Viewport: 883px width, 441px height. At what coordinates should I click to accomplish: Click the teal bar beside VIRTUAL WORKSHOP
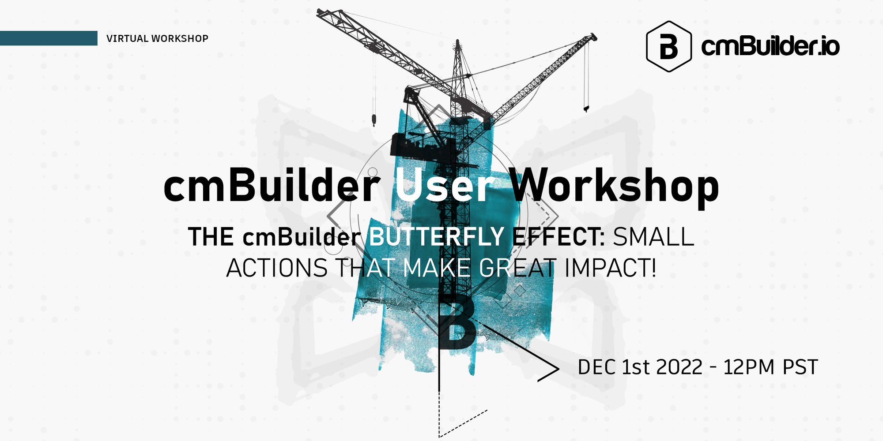coord(49,38)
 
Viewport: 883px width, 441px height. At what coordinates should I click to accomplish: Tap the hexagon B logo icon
coord(668,46)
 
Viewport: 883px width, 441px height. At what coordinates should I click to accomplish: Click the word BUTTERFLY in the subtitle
coord(436,237)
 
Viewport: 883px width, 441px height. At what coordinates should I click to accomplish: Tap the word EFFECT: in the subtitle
coord(558,237)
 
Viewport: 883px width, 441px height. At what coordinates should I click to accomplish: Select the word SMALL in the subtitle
coord(653,237)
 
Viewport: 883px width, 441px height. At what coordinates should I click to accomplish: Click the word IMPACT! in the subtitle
coord(610,268)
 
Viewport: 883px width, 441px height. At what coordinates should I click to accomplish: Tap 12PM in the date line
coord(749,367)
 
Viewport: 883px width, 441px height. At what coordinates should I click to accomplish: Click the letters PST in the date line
coord(800,367)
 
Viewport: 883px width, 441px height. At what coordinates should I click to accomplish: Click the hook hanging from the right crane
coord(586,108)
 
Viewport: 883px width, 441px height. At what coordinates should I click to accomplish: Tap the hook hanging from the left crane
coord(374,120)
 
